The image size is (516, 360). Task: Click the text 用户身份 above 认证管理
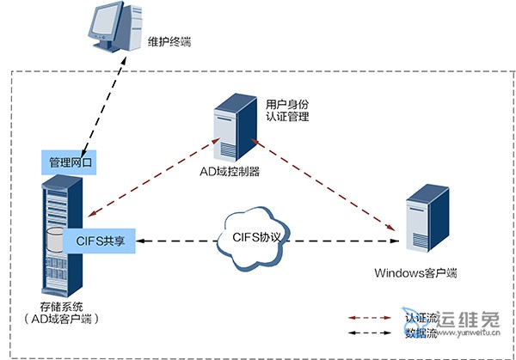click(x=288, y=101)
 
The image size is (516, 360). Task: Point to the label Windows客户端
click(x=415, y=273)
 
